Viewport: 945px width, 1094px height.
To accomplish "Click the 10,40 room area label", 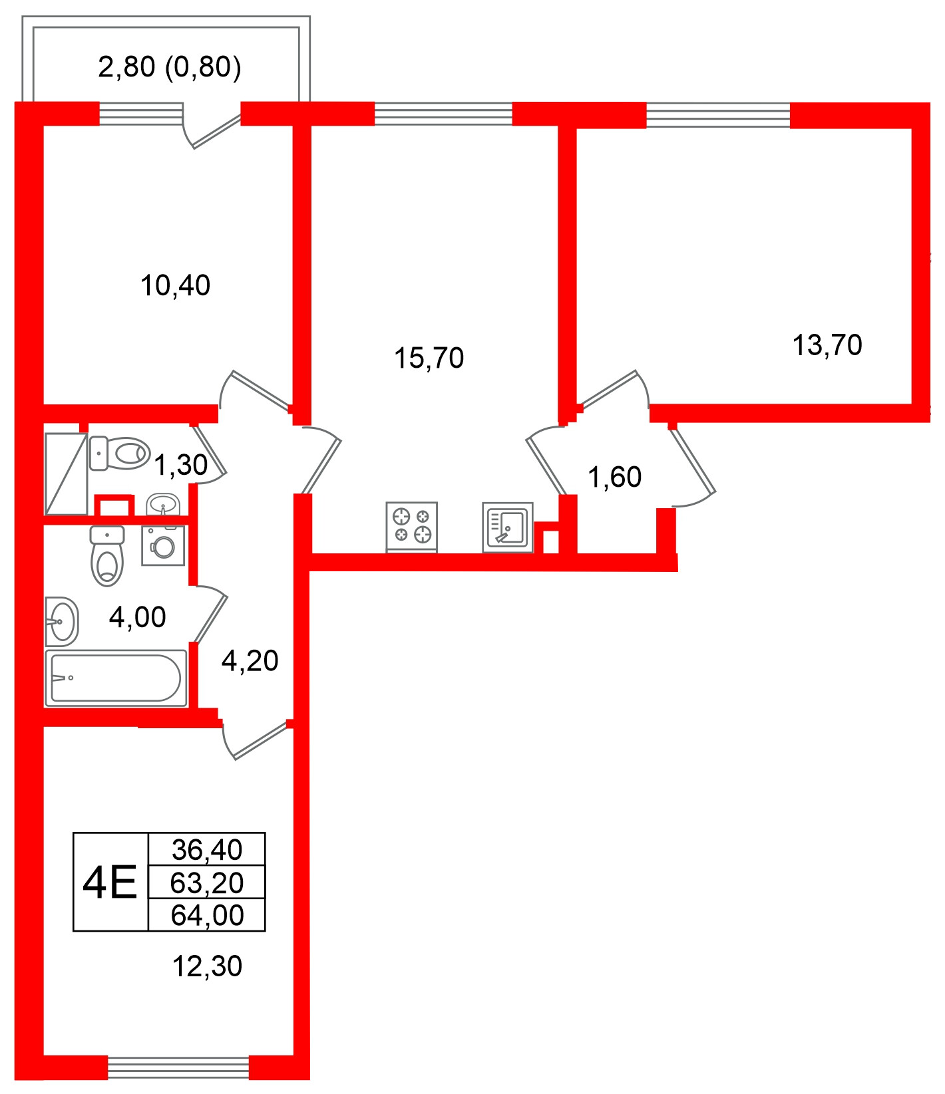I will tap(175, 286).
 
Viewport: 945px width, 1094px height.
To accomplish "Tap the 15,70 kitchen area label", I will tap(429, 358).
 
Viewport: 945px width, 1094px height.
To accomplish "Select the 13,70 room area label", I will tap(827, 345).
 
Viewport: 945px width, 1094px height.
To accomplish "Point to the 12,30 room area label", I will tap(207, 966).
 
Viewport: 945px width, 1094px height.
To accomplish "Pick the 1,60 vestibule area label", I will tap(614, 478).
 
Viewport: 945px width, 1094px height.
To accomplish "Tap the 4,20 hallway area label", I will tap(250, 661).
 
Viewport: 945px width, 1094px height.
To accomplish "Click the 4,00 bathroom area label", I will tap(137, 618).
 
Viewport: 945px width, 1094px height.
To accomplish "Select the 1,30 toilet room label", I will tap(180, 465).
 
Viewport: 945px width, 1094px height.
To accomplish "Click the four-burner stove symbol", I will tap(411, 525).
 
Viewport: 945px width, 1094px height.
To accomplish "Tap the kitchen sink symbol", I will tap(508, 527).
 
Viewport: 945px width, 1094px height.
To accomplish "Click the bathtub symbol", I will tap(116, 678).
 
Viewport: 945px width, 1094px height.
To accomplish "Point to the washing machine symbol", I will tap(162, 545).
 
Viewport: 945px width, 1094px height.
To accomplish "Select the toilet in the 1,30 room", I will tap(120, 454).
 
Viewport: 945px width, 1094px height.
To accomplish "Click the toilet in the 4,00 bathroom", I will tap(107, 556).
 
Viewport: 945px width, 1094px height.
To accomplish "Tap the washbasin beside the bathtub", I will tap(61, 622).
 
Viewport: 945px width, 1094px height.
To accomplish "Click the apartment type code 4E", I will tap(110, 883).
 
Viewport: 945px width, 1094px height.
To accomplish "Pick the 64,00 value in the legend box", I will tap(207, 916).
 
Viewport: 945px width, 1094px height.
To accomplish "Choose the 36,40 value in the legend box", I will tap(207, 850).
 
